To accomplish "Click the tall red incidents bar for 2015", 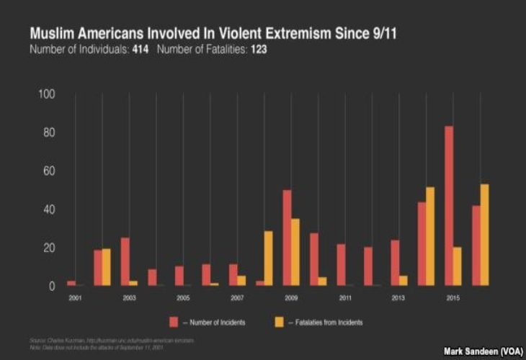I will point(449,206).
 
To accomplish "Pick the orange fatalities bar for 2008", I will point(269,258).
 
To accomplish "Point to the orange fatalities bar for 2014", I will point(430,237).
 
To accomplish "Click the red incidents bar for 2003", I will point(125,261).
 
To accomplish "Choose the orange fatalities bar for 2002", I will point(107,267).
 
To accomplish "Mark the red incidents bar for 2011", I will point(341,265).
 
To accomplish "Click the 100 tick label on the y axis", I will point(45,95).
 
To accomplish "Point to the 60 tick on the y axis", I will point(47,171).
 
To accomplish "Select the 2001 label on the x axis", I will point(75,297).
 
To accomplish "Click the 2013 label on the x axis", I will point(399,297).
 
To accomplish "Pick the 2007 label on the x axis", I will point(237,297).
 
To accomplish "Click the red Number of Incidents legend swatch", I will point(174,321).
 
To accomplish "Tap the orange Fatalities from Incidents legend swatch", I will point(280,321).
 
